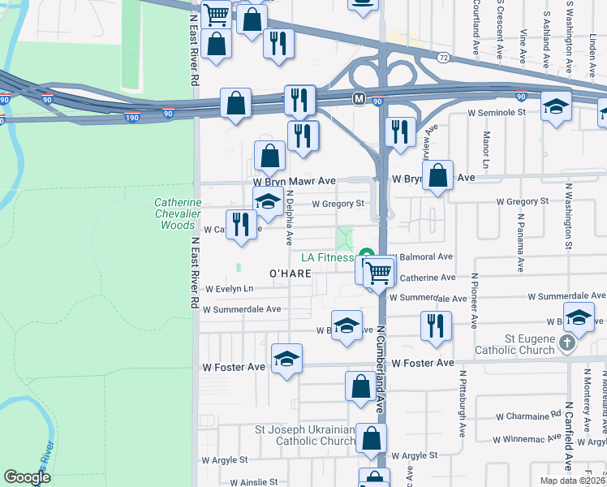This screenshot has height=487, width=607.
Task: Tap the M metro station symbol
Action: [x=358, y=98]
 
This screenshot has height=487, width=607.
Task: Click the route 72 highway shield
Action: [x=443, y=58]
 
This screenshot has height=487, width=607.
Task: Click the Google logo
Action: [x=26, y=476]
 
